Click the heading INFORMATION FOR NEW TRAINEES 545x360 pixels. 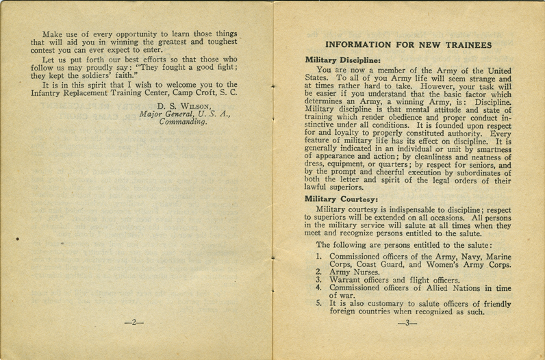(x=407, y=45)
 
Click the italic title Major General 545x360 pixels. (x=166, y=114)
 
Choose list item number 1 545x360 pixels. (x=318, y=257)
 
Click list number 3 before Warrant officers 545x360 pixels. (x=318, y=279)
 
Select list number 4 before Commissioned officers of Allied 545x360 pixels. (x=318, y=287)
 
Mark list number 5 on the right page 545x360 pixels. (x=318, y=303)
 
